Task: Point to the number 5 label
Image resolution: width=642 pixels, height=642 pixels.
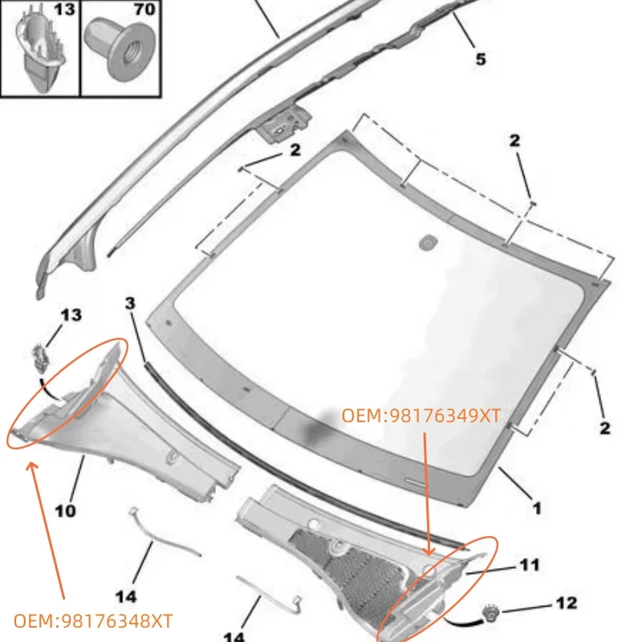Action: click(481, 59)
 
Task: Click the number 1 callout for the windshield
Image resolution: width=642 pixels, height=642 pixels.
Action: click(536, 507)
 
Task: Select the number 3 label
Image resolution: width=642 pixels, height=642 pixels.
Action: click(130, 303)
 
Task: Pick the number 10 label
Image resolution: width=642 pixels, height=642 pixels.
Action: click(66, 510)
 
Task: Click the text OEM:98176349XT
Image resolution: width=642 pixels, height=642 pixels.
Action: click(421, 415)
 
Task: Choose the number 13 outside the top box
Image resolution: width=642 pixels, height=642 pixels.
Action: click(71, 315)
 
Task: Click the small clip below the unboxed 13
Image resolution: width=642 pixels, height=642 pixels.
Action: click(41, 354)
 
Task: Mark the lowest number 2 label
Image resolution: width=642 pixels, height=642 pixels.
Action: click(605, 428)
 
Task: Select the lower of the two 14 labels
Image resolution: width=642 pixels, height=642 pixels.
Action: click(233, 636)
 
